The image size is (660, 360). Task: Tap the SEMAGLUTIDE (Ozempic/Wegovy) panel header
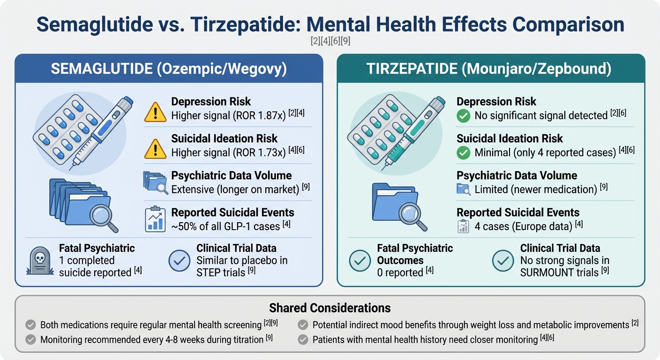(169, 69)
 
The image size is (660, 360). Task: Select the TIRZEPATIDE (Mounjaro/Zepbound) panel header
(491, 69)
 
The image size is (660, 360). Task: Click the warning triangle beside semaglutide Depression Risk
(155, 112)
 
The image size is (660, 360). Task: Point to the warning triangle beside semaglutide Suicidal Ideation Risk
(155, 149)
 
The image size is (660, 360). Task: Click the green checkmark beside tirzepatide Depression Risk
(464, 115)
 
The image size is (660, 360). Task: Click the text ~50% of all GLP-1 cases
(226, 226)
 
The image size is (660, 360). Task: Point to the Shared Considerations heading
(330, 308)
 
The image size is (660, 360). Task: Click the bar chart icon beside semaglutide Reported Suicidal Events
(155, 219)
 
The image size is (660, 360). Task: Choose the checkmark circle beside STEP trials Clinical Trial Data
(179, 261)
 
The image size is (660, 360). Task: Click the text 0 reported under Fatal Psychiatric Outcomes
(400, 272)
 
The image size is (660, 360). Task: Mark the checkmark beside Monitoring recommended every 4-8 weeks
(30, 339)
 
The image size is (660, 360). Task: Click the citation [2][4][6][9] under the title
(330, 41)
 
